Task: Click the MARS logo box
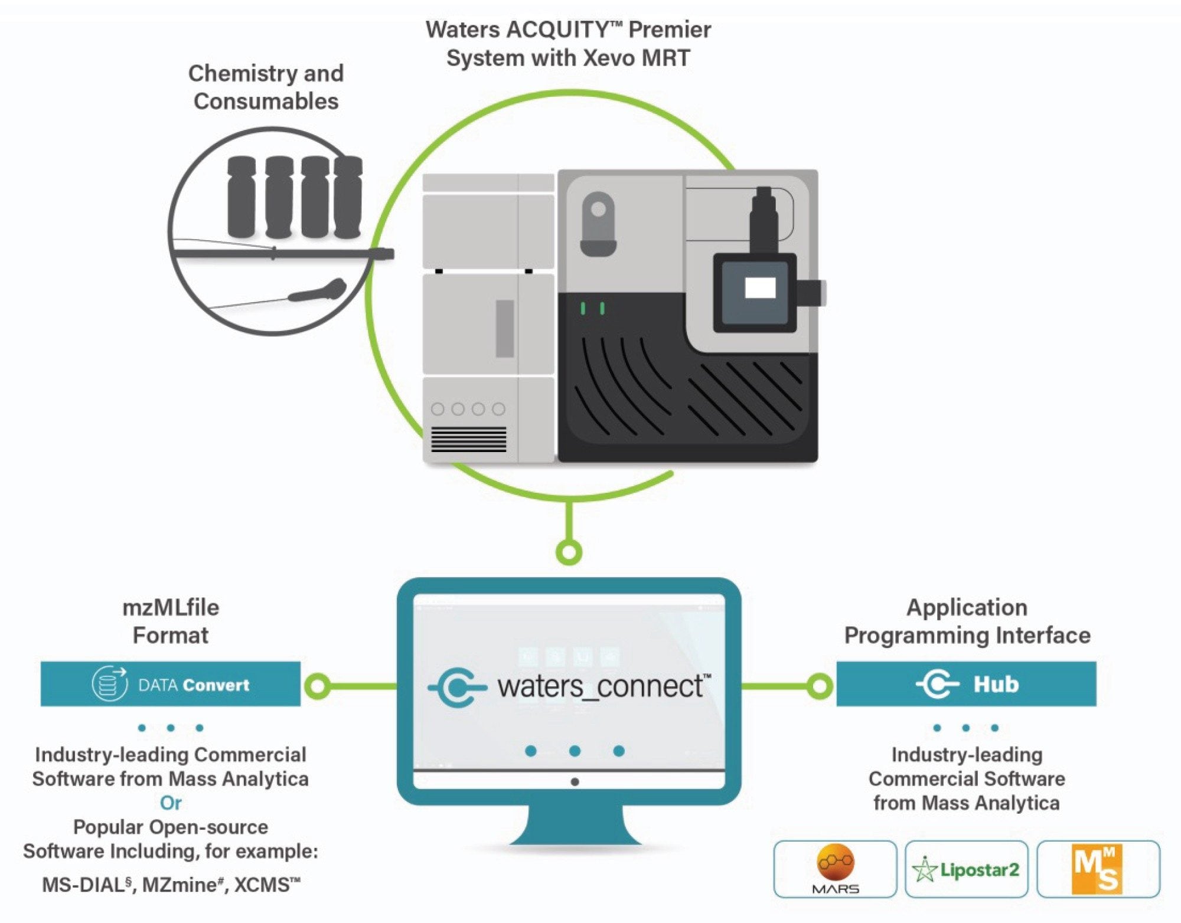pyautogui.click(x=835, y=869)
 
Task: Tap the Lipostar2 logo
pyautogui.click(x=966, y=869)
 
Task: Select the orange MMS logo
pyautogui.click(x=1097, y=869)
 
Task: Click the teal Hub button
pyautogui.click(x=966, y=684)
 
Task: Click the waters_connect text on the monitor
pyautogui.click(x=602, y=686)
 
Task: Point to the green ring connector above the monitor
pyautogui.click(x=569, y=552)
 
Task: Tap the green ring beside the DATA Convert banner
pyautogui.click(x=318, y=686)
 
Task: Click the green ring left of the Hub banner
pyautogui.click(x=820, y=686)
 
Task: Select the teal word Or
pyautogui.click(x=171, y=803)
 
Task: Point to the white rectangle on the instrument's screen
pyautogui.click(x=760, y=289)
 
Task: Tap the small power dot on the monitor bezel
pyautogui.click(x=575, y=782)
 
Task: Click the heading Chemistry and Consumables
pyautogui.click(x=266, y=87)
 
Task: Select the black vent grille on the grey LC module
pyautogui.click(x=468, y=440)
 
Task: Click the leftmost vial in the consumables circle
pyautogui.click(x=242, y=197)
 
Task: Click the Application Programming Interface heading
pyautogui.click(x=967, y=621)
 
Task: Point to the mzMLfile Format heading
pyautogui.click(x=171, y=621)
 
